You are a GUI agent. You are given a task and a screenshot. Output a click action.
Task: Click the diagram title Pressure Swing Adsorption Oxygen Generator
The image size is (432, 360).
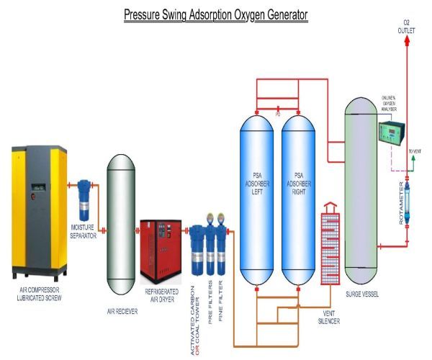(x=216, y=14)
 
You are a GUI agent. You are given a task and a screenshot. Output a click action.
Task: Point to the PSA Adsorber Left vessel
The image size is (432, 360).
(x=256, y=194)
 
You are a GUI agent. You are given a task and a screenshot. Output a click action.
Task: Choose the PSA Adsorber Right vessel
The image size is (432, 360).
(x=297, y=194)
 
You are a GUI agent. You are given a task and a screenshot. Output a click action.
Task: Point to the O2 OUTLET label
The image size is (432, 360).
(x=407, y=28)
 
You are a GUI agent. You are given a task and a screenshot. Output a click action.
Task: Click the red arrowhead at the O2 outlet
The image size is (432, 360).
(x=407, y=42)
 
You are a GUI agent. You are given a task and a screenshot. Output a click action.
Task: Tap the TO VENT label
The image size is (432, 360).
(x=416, y=152)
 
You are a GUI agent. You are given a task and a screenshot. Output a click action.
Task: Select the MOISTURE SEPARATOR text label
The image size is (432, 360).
(x=84, y=231)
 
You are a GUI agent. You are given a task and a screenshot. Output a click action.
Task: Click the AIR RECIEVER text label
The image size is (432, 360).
(x=121, y=305)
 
